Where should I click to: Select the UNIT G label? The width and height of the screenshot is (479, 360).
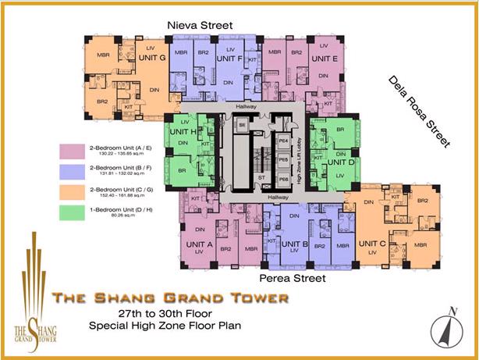tap(151, 59)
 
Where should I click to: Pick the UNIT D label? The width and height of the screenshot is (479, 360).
tap(340, 162)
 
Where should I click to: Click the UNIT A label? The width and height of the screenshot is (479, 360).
tap(200, 244)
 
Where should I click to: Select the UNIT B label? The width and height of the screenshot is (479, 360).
tap(296, 244)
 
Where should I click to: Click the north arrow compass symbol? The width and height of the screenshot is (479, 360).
tap(445, 329)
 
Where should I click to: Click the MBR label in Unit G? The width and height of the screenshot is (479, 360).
tap(103, 55)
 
